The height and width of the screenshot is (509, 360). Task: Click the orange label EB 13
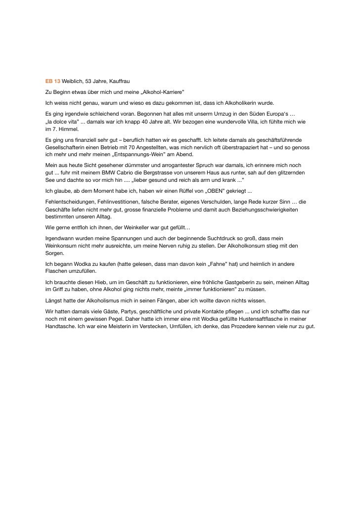(x=52, y=81)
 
